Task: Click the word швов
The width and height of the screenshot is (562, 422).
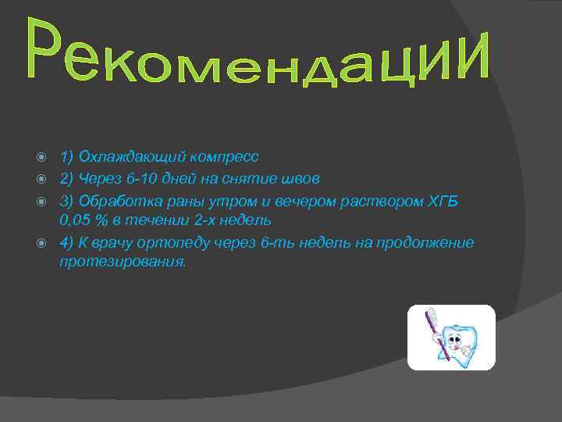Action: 301,180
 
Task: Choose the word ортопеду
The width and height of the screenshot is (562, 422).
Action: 176,244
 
